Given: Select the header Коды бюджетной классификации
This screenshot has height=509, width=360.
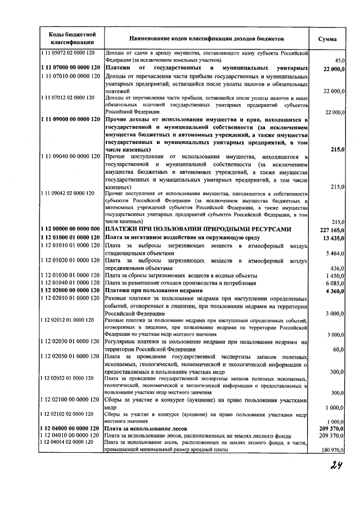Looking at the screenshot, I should pos(67,38).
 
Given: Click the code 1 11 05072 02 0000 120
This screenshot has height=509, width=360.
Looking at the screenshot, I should pos(67,53).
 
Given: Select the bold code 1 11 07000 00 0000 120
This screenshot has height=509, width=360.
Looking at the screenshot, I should pos(70,68).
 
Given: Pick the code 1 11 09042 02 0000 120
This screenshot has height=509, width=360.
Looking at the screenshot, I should pos(67,193).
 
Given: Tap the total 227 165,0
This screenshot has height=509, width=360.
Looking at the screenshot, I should pos(331,229).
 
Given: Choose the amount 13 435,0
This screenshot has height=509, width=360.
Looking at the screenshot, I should pos(333,238).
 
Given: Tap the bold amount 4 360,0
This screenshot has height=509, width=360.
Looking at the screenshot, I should pos(334,290).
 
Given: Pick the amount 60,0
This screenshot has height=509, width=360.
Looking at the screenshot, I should pos(338,349).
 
